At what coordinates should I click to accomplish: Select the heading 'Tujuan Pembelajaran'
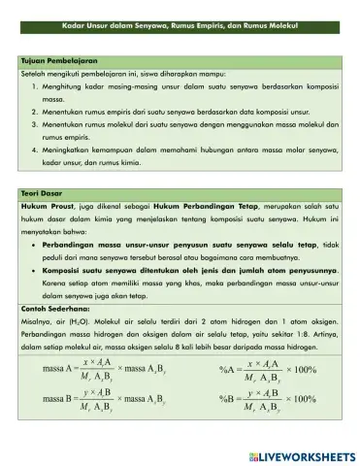pyautogui.click(x=49, y=60)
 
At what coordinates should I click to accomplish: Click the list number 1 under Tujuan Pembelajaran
pyautogui.click(x=35, y=86)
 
